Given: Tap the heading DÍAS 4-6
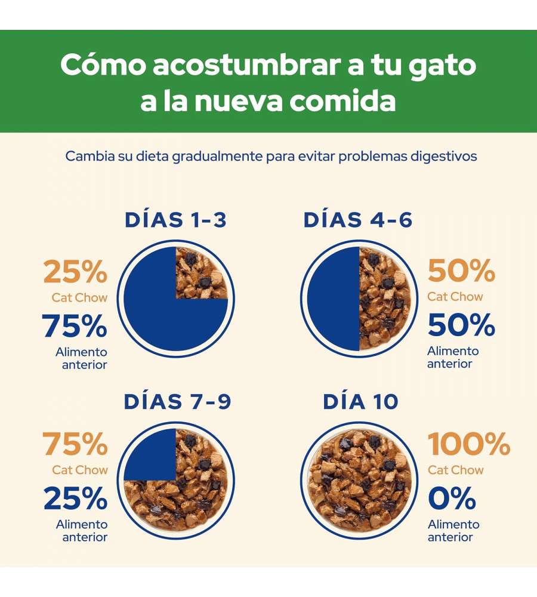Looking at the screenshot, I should tap(358, 220).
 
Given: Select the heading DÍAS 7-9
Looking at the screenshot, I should tap(177, 402).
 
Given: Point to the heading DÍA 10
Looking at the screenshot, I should tap(360, 402).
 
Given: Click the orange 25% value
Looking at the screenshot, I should tap(75, 273).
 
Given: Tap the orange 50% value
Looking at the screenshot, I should tap(461, 272).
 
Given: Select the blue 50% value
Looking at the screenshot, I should tap(461, 325).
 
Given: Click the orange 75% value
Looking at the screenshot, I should tap(75, 445).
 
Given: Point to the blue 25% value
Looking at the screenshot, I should tap(75, 499).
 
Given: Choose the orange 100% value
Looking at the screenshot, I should tap(469, 445).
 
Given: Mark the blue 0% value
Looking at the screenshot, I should tap(452, 498).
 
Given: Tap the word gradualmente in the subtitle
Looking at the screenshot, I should tap(217, 156).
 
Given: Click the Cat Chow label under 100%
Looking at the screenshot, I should tap(455, 470).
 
